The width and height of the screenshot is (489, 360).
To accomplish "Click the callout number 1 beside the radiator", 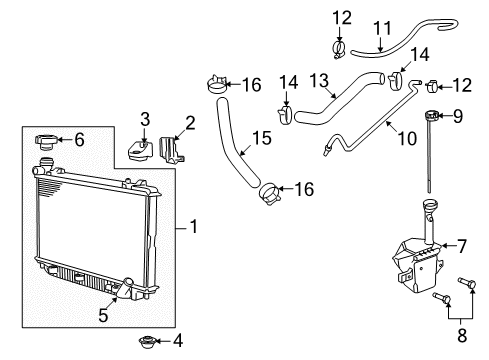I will click(x=193, y=227).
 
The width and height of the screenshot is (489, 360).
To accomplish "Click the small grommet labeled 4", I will click(x=145, y=342).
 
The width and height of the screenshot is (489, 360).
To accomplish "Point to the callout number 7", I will click(x=462, y=245).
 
